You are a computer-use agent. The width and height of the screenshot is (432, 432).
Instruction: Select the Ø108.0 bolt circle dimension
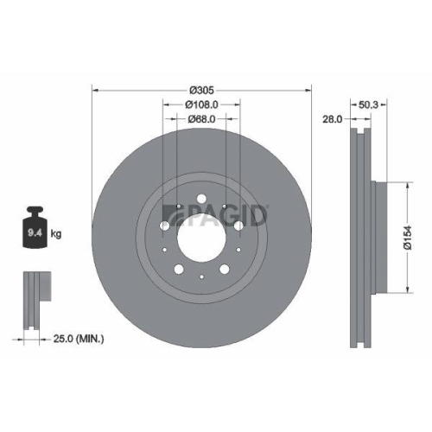tap(200, 104)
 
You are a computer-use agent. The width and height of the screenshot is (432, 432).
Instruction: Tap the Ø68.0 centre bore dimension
tap(200, 119)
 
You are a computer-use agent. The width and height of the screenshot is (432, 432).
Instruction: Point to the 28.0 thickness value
tap(332, 120)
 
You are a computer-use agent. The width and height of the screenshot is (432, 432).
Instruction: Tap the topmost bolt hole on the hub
tap(200, 200)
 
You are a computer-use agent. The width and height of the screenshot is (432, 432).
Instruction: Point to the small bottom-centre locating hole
tap(200, 277)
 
